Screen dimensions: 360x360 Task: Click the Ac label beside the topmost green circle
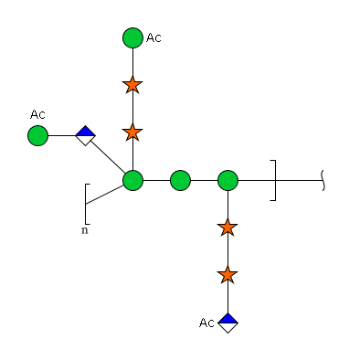pyautogui.click(x=154, y=37)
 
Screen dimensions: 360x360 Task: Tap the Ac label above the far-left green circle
pyautogui.click(x=37, y=114)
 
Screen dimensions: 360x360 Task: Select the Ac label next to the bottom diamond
pyautogui.click(x=206, y=323)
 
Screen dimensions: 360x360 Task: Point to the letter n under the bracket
pyautogui.click(x=85, y=230)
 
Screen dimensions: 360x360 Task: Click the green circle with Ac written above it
pyautogui.click(x=37, y=135)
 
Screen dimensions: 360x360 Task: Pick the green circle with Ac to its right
pyautogui.click(x=132, y=37)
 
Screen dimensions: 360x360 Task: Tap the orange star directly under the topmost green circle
pyautogui.click(x=132, y=85)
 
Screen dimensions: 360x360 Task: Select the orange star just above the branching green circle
pyautogui.click(x=132, y=132)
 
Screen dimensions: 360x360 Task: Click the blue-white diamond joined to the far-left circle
pyautogui.click(x=85, y=135)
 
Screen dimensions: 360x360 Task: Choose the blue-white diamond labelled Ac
pyautogui.click(x=228, y=323)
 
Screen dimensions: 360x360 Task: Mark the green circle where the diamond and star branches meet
pyautogui.click(x=132, y=180)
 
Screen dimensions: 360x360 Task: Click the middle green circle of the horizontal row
pyautogui.click(x=180, y=180)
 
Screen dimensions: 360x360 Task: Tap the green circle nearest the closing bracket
pyautogui.click(x=228, y=180)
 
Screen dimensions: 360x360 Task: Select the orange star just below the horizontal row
pyautogui.click(x=228, y=228)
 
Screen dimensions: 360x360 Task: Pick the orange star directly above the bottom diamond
pyautogui.click(x=228, y=275)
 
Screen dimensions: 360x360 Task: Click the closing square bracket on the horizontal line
pyautogui.click(x=275, y=180)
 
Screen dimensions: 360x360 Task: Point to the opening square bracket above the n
pyautogui.click(x=85, y=204)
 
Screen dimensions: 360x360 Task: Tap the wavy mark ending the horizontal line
pyautogui.click(x=323, y=181)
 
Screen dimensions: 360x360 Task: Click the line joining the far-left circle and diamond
pyautogui.click(x=62, y=135)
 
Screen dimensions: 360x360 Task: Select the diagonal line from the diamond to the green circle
pyautogui.click(x=108, y=157)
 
